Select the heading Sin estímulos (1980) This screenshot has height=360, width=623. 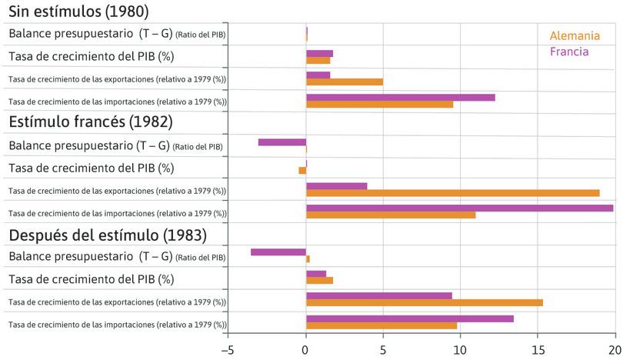coord(78,12)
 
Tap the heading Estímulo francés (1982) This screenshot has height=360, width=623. coord(90,122)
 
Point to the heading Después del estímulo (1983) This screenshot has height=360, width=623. coord(107,235)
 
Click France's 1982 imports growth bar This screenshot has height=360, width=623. coord(459,208)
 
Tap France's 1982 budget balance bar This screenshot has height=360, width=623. coord(282,142)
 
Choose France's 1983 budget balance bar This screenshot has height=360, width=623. coord(278,252)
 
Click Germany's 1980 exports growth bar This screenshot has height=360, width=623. coord(344,82)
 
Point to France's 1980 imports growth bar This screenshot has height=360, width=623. coord(400,97)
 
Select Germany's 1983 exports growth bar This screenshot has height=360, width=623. coord(424,302)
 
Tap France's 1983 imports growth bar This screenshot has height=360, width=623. coord(409,318)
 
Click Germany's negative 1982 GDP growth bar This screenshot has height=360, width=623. coord(302,170)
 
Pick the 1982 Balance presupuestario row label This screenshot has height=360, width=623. coord(115,145)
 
